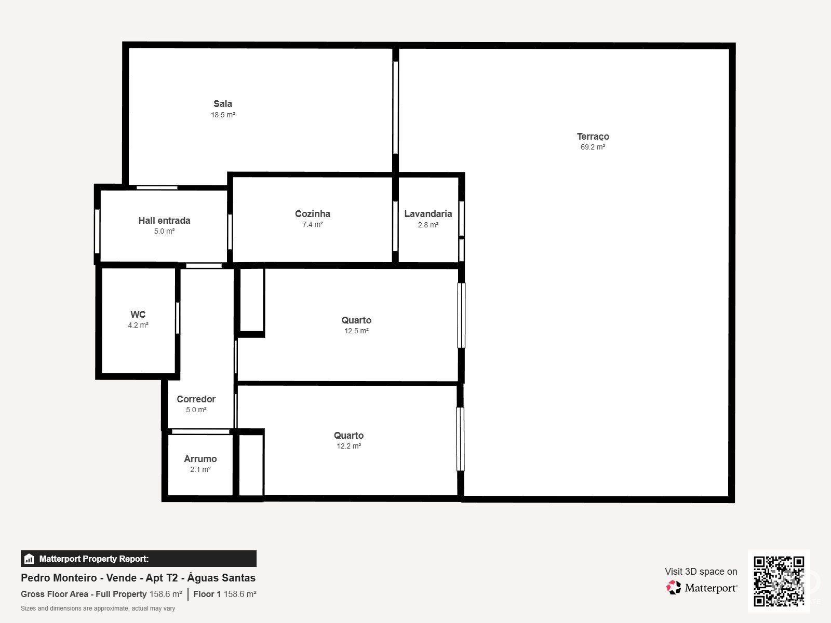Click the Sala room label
[223, 104]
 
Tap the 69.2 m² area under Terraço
[593, 147]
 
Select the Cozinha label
[312, 214]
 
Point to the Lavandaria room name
[428, 214]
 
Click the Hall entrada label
[164, 221]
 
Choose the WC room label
[138, 314]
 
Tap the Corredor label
[196, 399]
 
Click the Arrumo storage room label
[200, 459]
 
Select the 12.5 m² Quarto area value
[356, 331]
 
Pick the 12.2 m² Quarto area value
[349, 446]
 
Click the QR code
[779, 581]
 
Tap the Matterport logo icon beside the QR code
[674, 588]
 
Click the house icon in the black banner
[29, 559]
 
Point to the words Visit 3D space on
[701, 572]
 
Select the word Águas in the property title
[203, 578]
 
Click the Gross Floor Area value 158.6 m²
[166, 594]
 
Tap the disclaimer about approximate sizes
[98, 608]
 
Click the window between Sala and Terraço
[396, 107]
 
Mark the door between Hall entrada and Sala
[157, 187]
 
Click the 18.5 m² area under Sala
[223, 115]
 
